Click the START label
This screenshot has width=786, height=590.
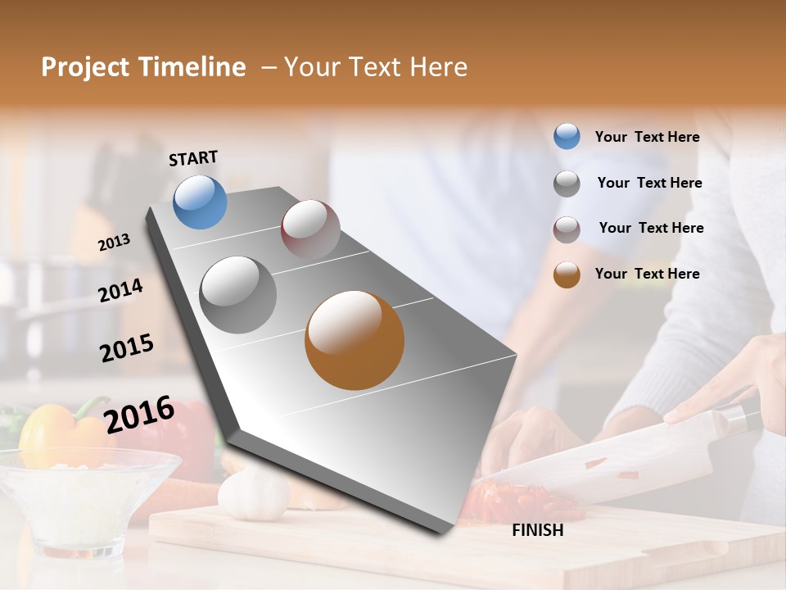[193, 158]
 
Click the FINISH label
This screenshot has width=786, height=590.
[537, 530]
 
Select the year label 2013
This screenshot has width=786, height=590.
[114, 243]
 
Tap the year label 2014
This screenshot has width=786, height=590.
[120, 290]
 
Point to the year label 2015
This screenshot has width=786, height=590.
[127, 348]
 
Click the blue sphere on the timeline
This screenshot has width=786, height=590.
[200, 202]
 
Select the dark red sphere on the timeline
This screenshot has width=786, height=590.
[310, 229]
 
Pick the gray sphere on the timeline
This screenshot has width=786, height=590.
[238, 295]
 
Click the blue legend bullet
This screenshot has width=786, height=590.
[567, 137]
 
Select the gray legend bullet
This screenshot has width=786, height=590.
[567, 184]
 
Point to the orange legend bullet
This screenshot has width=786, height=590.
[567, 275]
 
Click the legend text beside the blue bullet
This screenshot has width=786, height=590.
[647, 138]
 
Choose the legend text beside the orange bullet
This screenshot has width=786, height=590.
[647, 274]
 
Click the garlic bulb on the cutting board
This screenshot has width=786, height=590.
[253, 495]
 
